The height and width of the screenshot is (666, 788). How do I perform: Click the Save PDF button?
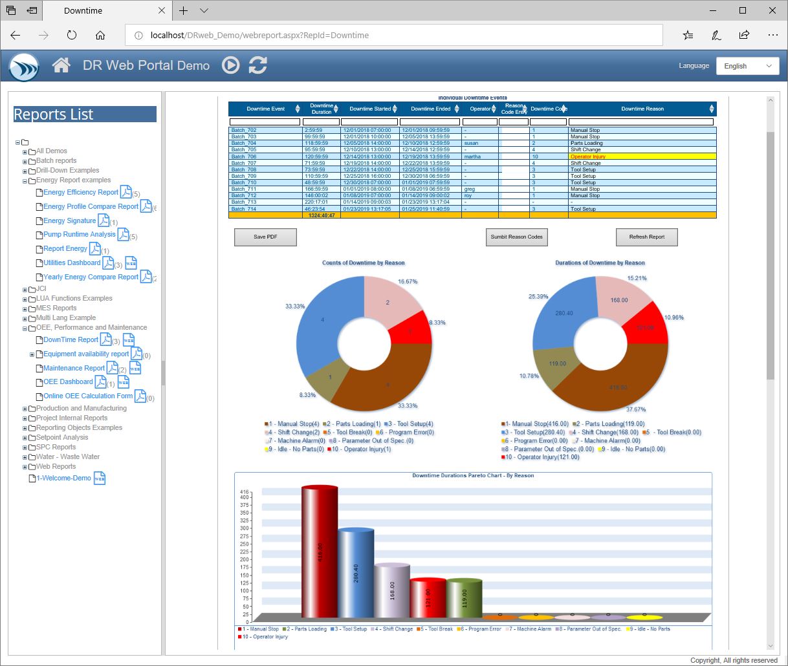pos(265,237)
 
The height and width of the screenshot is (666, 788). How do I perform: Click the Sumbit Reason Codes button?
pos(516,237)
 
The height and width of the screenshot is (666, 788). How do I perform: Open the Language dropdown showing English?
pos(747,66)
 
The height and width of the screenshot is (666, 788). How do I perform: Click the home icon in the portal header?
pos(61,65)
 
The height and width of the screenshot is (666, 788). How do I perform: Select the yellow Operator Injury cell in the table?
pos(642,156)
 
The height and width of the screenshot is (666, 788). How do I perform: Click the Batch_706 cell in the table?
pos(265,156)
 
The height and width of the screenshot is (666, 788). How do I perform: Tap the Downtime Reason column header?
pos(642,109)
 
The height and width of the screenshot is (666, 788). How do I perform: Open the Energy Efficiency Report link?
pos(81,193)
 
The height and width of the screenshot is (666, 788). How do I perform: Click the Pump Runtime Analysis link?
pos(80,235)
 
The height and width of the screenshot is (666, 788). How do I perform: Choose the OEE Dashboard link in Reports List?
pos(68,382)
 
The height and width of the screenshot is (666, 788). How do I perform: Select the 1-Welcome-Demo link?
pos(63,478)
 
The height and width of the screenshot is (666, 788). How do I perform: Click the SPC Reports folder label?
pos(56,447)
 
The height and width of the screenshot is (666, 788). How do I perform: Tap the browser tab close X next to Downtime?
pos(162,11)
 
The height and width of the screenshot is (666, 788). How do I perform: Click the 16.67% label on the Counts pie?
pos(408,282)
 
